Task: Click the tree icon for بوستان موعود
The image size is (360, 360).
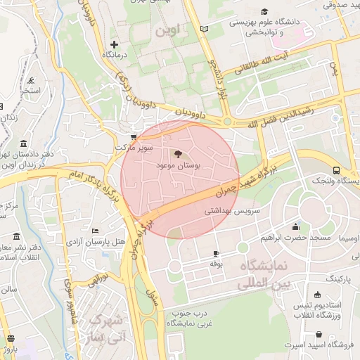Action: pos(176,153)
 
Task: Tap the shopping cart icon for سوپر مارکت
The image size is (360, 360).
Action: pos(134,137)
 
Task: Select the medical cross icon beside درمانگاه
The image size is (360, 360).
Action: pos(114,44)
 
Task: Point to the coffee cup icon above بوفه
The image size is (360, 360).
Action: pos(216,253)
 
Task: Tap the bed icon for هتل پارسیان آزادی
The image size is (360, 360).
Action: pos(96,231)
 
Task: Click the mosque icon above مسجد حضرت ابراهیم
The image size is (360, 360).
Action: pos(295,226)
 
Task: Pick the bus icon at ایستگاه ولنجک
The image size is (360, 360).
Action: pos(337,170)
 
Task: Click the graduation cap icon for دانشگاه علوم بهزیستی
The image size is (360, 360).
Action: pos(264,11)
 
